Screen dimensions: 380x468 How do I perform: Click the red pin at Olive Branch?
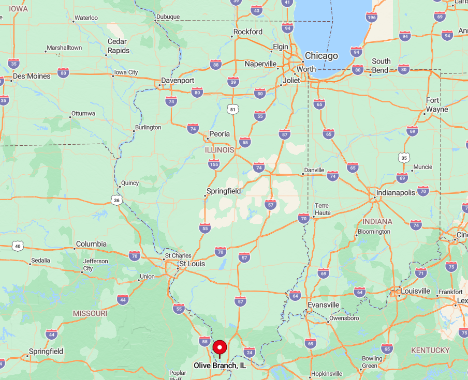click(220, 347)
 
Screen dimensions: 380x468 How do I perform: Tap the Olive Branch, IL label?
click(220, 366)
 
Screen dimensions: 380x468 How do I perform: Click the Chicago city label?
click(321, 56)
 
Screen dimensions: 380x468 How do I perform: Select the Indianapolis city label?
click(396, 192)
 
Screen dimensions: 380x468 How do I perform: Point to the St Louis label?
click(192, 264)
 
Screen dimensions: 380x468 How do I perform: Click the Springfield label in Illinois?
click(224, 191)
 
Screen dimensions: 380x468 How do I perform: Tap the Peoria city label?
click(219, 134)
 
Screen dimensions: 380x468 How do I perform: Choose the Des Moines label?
click(32, 76)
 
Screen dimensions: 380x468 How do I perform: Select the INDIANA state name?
click(377, 221)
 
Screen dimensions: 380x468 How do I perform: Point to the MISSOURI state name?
click(90, 313)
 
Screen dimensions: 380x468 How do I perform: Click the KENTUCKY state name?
click(430, 350)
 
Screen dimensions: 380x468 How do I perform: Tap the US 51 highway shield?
click(233, 109)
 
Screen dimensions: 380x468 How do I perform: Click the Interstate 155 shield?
click(214, 164)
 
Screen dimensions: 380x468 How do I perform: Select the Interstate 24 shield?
click(249, 352)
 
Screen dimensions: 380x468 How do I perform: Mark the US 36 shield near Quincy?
click(118, 200)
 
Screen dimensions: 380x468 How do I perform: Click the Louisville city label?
click(415, 291)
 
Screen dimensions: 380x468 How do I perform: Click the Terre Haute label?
click(321, 209)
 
